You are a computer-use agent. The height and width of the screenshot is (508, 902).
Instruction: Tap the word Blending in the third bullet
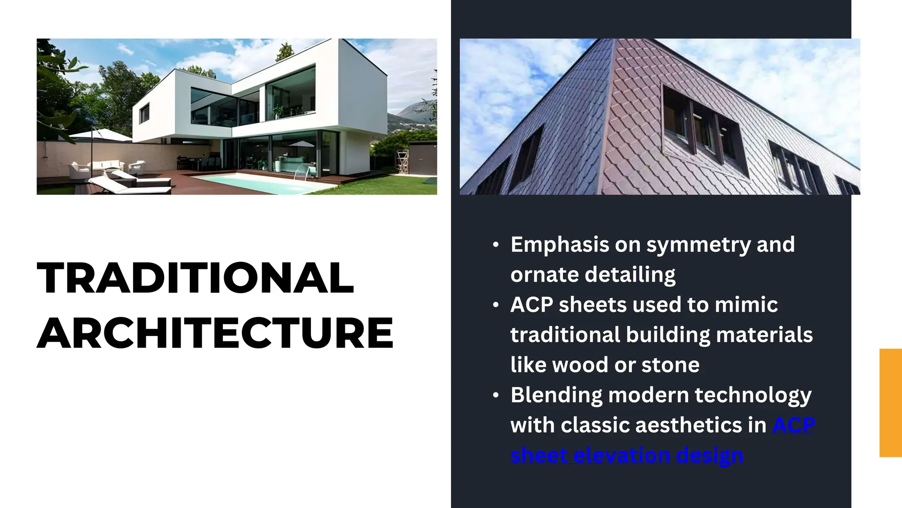(556, 395)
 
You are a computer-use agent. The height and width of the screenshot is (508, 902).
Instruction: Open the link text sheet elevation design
(627, 455)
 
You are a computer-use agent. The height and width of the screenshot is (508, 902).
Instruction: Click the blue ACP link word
(794, 425)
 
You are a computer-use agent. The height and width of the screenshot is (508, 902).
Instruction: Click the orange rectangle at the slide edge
(890, 402)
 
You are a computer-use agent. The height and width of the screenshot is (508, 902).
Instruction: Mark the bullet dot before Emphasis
(496, 245)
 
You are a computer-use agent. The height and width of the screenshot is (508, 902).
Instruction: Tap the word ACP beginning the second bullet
(532, 305)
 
